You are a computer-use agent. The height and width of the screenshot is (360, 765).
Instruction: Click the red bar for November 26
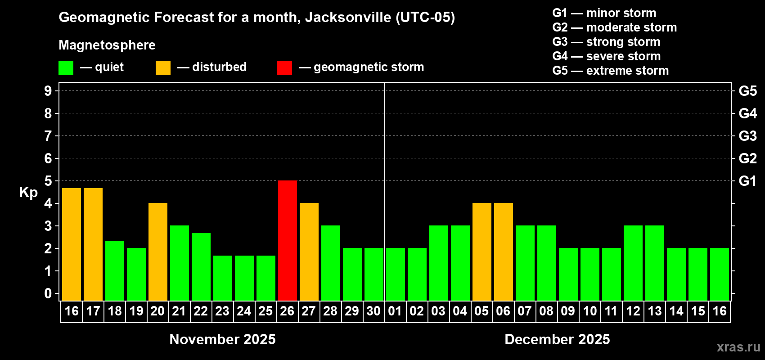click(288, 240)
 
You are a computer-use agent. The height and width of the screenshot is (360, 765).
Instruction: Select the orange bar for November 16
click(72, 244)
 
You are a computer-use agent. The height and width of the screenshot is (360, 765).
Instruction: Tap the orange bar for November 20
click(158, 252)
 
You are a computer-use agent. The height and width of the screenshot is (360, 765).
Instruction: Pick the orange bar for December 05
click(482, 252)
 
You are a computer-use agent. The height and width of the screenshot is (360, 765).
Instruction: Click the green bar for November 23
click(223, 278)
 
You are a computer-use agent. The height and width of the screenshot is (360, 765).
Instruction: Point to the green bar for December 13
click(655, 263)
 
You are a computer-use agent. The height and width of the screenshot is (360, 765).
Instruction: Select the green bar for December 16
click(720, 274)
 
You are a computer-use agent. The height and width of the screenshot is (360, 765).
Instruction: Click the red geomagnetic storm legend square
click(284, 68)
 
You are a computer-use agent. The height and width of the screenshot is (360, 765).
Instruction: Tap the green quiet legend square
click(66, 68)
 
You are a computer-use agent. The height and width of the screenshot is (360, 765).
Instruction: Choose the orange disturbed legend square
click(163, 68)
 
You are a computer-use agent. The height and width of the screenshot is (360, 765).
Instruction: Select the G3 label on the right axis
click(747, 136)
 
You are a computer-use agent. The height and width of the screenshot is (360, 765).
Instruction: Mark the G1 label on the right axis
click(747, 181)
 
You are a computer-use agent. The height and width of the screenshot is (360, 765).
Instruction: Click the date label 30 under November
click(373, 311)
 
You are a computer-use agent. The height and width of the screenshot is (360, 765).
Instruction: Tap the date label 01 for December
click(395, 311)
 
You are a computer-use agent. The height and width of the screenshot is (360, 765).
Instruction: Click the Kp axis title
click(28, 192)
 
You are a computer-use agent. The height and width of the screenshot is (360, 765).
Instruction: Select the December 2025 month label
click(557, 339)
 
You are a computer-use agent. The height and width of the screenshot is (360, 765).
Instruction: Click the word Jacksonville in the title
click(348, 18)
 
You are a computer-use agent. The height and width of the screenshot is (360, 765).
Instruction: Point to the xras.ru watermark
click(738, 347)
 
